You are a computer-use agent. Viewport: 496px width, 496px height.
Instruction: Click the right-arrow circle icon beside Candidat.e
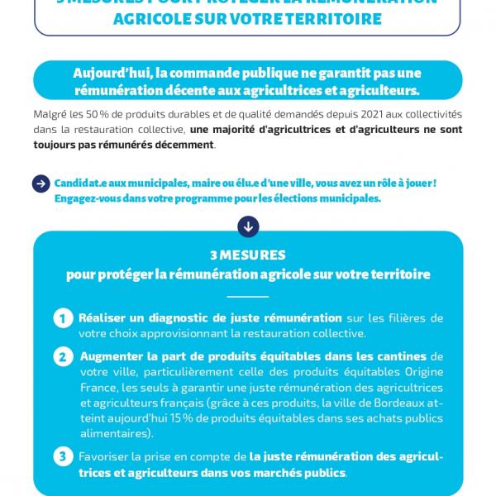(41, 184)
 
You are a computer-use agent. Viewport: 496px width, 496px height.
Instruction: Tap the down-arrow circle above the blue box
(248, 225)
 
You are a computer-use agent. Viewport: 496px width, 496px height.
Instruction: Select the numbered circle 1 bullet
(63, 318)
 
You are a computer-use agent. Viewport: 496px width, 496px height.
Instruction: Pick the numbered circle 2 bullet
(63, 358)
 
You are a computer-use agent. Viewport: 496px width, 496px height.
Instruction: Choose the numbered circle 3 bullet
(63, 456)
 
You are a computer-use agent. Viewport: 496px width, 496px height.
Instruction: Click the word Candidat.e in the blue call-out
(83, 182)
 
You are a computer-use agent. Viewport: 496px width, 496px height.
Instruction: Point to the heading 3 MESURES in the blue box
(248, 255)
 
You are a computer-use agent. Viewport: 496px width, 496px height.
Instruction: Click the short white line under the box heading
(248, 296)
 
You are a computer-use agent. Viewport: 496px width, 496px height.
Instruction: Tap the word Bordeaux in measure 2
(391, 403)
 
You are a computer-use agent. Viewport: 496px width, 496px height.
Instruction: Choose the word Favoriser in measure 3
(104, 455)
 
